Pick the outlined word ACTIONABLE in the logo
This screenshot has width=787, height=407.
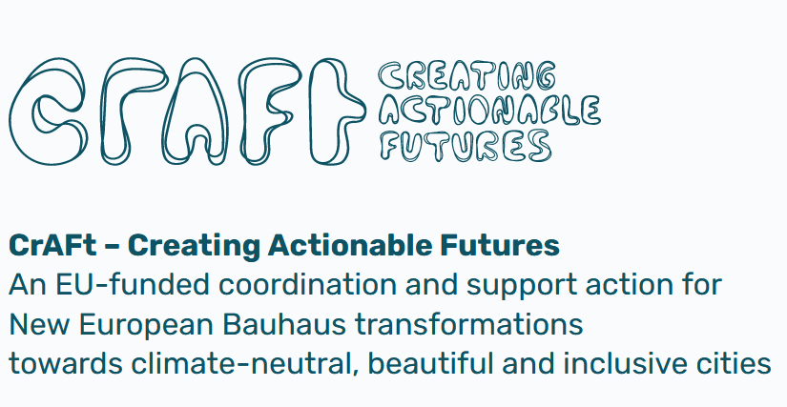tap(489, 111)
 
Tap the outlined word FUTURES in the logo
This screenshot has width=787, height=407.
tap(465, 145)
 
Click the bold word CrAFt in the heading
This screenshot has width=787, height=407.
tap(52, 246)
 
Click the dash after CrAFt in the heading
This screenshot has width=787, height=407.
tap(112, 247)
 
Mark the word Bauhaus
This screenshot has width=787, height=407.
tap(284, 324)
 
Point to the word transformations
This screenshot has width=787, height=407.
tap(469, 324)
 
